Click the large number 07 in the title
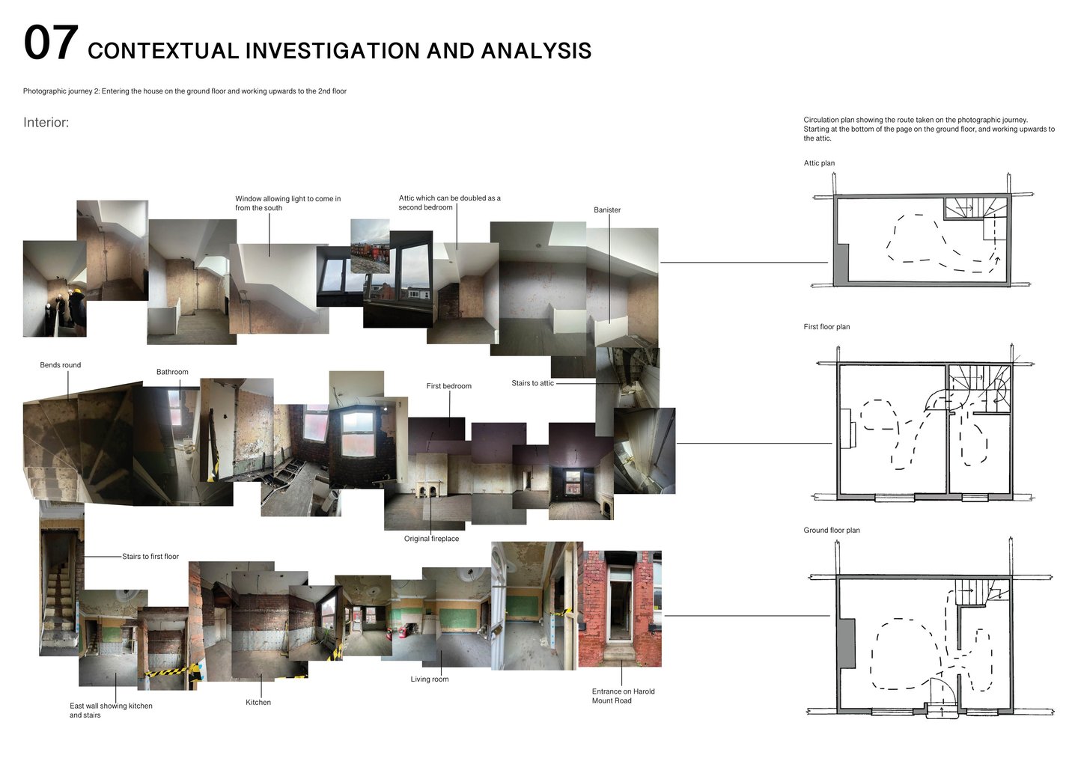(x=51, y=43)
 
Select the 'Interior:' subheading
(x=46, y=123)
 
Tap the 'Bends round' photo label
(x=61, y=365)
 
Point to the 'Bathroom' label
(x=172, y=372)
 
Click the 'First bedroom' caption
(x=449, y=386)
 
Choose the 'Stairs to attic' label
(x=532, y=383)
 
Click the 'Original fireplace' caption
(x=431, y=539)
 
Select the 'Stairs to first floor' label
(x=150, y=557)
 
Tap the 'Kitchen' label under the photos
(x=258, y=703)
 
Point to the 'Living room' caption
(x=430, y=679)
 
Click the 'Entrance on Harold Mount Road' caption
(x=623, y=696)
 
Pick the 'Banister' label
(x=607, y=210)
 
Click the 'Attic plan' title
(x=819, y=163)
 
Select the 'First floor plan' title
(x=826, y=327)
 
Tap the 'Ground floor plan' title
(x=832, y=531)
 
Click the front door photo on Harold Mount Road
(x=620, y=608)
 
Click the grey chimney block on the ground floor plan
(x=846, y=644)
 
